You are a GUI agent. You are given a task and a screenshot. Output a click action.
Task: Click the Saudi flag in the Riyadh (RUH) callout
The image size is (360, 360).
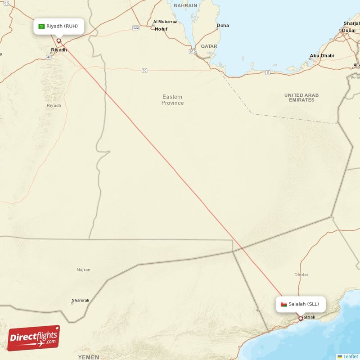pyautogui.click(x=41, y=26)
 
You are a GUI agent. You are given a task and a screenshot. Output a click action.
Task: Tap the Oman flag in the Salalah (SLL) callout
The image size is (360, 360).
pyautogui.click(x=283, y=304)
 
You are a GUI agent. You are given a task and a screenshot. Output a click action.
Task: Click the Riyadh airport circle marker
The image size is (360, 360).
pyautogui.click(x=58, y=41)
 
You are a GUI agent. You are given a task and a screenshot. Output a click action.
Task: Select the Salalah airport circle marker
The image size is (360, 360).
pyautogui.click(x=301, y=319)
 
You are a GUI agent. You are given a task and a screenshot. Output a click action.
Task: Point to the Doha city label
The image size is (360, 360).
pyautogui.click(x=222, y=26)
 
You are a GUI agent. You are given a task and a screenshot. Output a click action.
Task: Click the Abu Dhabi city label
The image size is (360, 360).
pyautogui.click(x=322, y=56)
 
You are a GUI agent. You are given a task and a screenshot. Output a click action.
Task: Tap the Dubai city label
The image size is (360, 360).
pyautogui.click(x=348, y=31)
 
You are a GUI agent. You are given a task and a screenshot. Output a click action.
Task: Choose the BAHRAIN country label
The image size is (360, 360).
pyautogui.click(x=186, y=6)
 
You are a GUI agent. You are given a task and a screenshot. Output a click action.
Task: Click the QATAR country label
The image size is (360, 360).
pyautogui.click(x=209, y=46)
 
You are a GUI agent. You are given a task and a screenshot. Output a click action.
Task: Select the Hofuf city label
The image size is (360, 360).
pyautogui.click(x=161, y=29)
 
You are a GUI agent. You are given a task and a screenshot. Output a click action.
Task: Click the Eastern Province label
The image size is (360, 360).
pyautogui.click(x=172, y=100)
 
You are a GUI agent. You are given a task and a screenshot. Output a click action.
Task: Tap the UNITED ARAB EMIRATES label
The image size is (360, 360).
pyautogui.click(x=301, y=97)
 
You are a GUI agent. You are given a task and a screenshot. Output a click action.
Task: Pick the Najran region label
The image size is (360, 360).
pyautogui.click(x=83, y=270)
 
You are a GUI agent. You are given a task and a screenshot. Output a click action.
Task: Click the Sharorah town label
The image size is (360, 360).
pyautogui.click(x=81, y=300)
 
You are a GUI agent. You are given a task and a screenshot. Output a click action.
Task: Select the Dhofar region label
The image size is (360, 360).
pyautogui.click(x=301, y=274)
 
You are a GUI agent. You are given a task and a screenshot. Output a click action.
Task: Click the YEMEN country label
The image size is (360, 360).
pyautogui.click(x=88, y=357)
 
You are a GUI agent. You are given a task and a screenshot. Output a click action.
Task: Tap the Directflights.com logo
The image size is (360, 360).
pyautogui.click(x=34, y=338)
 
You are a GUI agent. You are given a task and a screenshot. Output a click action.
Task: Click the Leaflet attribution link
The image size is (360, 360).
pyautogui.click(x=350, y=356)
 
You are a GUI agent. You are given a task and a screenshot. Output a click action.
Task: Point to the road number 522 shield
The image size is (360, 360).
pyautogui.click(x=136, y=28)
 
